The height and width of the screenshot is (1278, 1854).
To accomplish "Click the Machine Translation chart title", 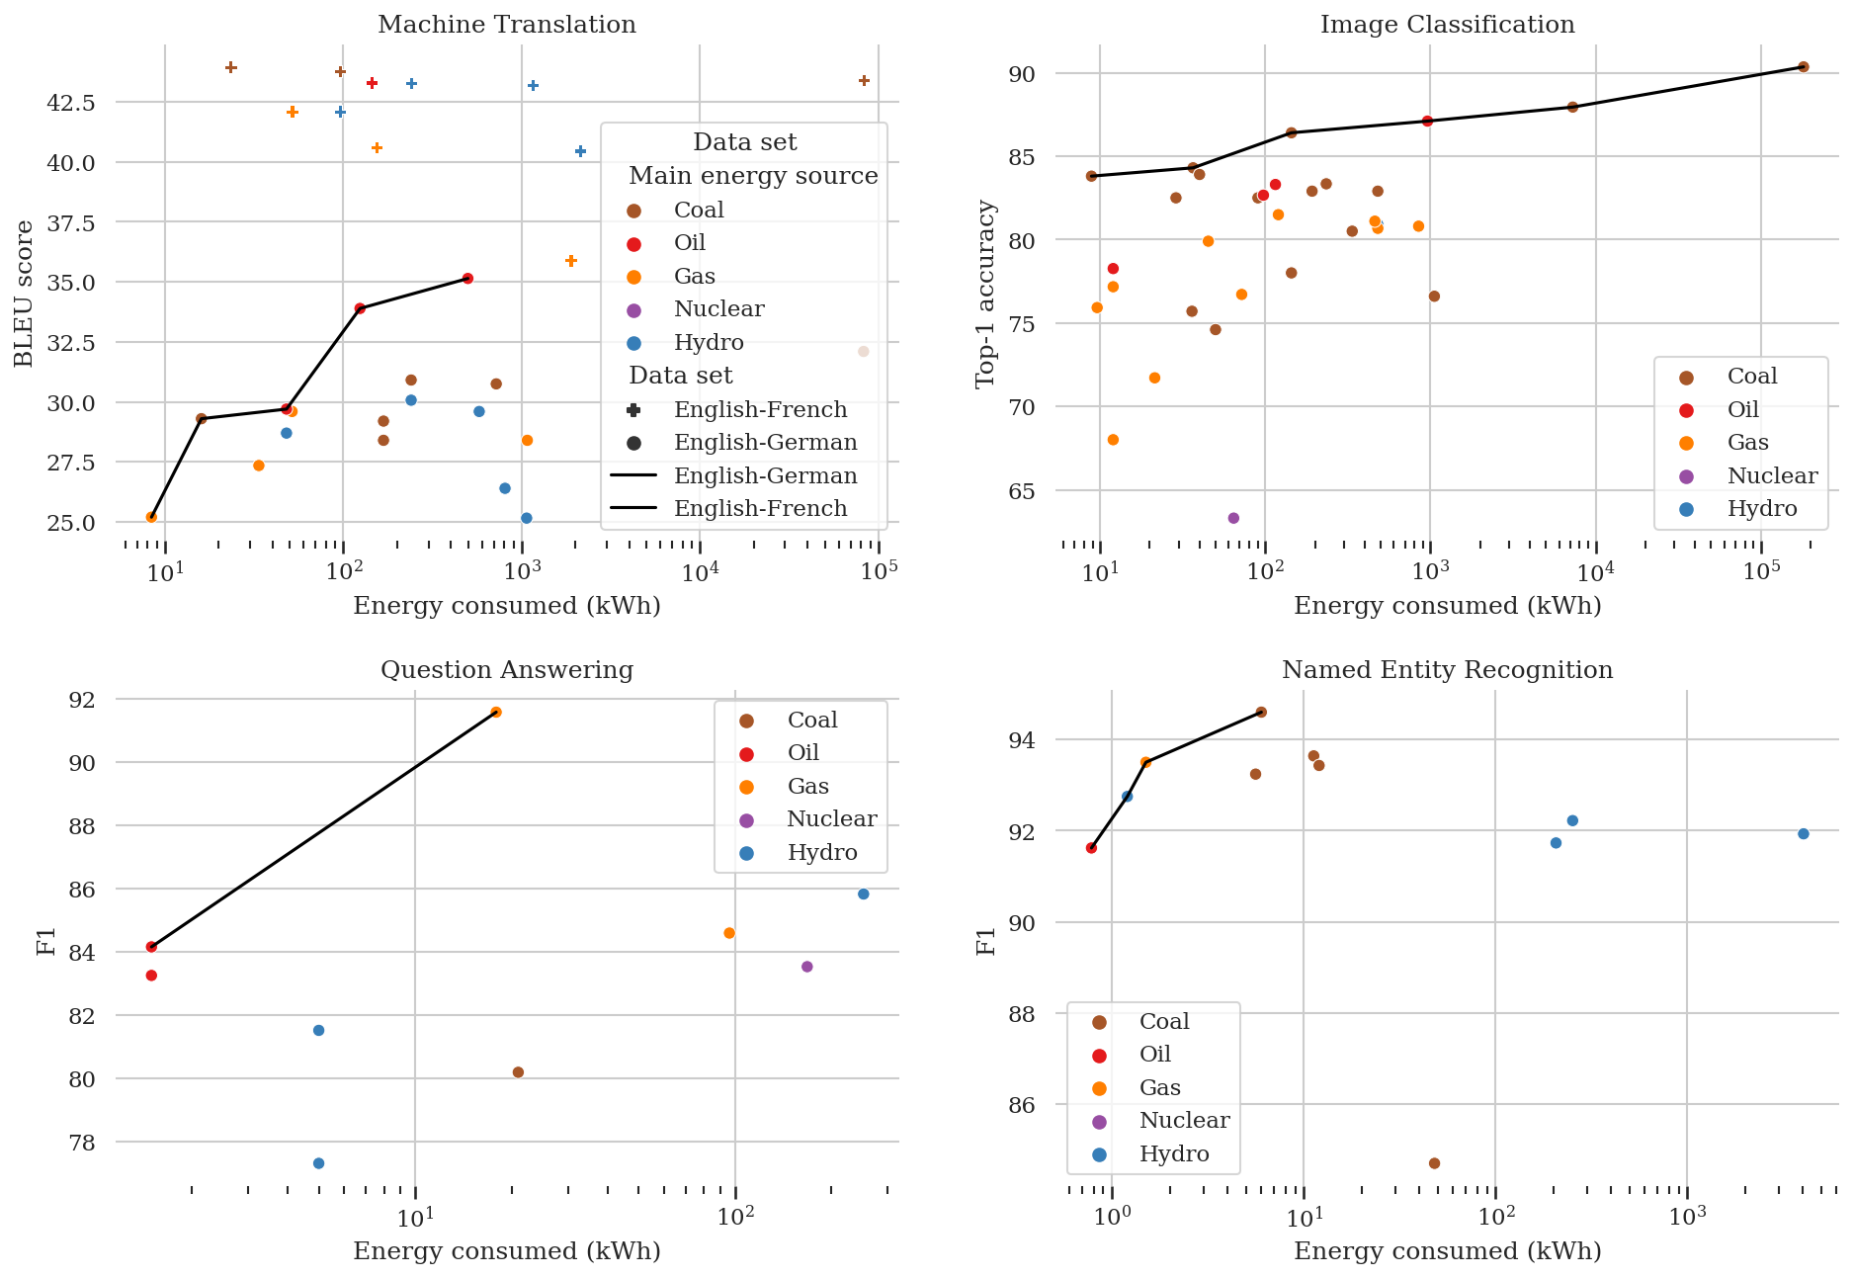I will tap(506, 25).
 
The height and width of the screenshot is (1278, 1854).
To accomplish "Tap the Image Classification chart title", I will tap(1447, 25).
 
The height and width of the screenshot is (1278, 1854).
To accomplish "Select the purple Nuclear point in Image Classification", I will tap(1233, 518).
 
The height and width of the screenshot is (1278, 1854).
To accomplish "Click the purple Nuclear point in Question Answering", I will tap(806, 967).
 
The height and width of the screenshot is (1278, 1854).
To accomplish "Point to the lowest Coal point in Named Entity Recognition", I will tap(1434, 1163).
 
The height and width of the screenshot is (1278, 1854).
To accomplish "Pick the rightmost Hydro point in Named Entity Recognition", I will tap(1803, 834).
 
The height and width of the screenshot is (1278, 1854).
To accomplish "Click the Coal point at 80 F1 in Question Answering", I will tap(518, 1072).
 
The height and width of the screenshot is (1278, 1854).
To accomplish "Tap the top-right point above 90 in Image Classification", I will tap(1803, 67).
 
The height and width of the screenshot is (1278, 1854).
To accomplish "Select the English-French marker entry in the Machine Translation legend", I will tap(759, 410).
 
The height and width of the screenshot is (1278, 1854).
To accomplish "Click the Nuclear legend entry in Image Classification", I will tap(1771, 476).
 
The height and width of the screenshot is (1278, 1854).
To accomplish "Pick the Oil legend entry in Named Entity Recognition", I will tap(1154, 1055).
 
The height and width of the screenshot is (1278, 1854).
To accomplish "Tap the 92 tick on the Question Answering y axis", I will tap(83, 700).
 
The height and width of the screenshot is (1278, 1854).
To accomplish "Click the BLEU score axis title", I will tap(24, 293).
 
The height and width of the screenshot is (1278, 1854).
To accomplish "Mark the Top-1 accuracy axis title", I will tap(985, 293).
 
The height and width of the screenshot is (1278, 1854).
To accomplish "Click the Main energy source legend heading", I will tap(753, 176).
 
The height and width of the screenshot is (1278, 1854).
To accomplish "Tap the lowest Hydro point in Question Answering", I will tap(318, 1163).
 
